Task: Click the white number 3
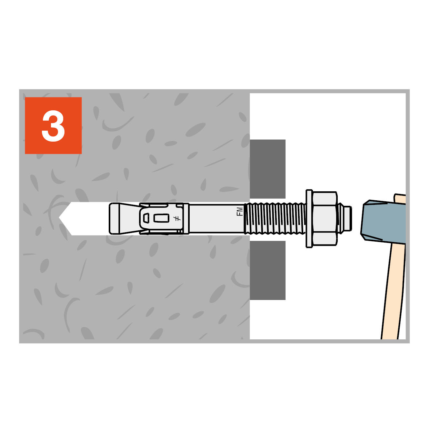53,126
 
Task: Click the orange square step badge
53,125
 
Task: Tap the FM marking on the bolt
239,211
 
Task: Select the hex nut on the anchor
324,218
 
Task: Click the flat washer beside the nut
309,219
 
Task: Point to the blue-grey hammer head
383,221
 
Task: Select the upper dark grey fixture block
267,169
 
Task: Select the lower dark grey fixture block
267,270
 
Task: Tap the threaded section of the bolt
275,218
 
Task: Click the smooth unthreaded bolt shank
216,218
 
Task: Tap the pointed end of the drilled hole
59,217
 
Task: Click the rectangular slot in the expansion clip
161,218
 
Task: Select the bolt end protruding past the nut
345,218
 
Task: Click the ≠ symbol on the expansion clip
177,218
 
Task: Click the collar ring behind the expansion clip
186,219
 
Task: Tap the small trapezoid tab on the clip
146,218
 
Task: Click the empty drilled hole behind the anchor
87,218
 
